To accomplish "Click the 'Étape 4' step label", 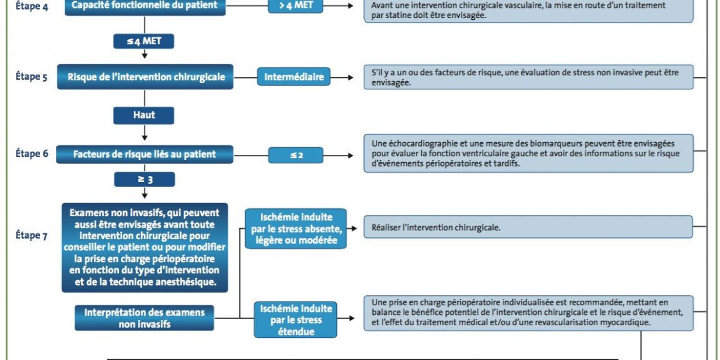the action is click(32, 7).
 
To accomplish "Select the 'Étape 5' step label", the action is click(32, 76).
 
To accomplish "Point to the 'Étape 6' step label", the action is click(32, 154).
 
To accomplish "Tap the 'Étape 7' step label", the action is click(32, 235).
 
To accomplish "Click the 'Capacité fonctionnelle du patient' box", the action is click(145, 7).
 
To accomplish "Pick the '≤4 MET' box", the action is click(144, 41).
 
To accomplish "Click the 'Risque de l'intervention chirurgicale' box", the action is click(145, 76).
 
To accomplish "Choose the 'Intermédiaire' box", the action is click(293, 76).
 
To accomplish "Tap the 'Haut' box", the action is click(144, 115).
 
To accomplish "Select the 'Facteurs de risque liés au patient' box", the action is click(145, 154).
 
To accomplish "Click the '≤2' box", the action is click(296, 155).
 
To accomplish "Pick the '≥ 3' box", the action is click(144, 179).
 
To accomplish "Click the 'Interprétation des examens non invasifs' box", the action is click(144, 318).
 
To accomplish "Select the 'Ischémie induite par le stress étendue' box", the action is click(296, 319).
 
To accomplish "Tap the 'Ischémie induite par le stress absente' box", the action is click(296, 229).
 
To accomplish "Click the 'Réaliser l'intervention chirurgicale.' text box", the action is click(528, 227).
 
